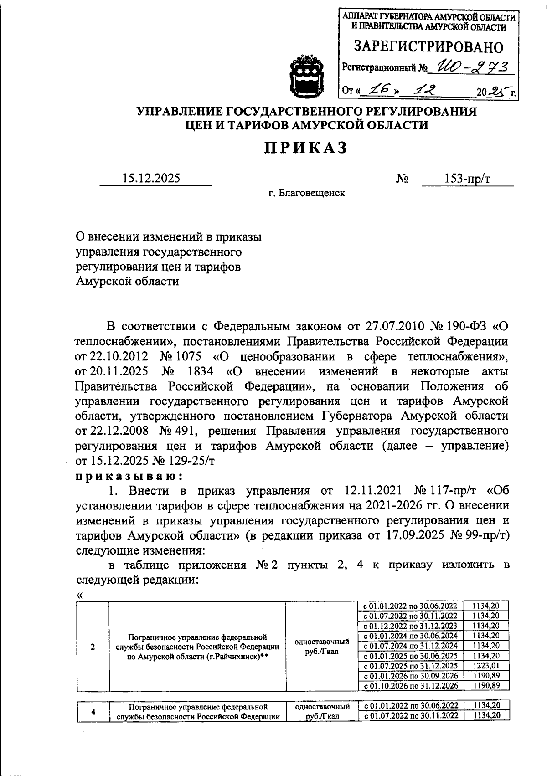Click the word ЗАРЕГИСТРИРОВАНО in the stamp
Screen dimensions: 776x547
pos(429,47)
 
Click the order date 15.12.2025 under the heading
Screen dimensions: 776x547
pos(151,178)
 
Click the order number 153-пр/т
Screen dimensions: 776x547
pos(467,178)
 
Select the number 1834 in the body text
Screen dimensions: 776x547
pos(200,371)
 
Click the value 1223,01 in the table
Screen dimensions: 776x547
pos(485,665)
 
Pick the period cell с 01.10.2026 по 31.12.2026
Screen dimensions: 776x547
pos(410,685)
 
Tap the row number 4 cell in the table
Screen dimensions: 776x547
pos(93,712)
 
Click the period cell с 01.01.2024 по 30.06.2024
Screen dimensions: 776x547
pos(410,636)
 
